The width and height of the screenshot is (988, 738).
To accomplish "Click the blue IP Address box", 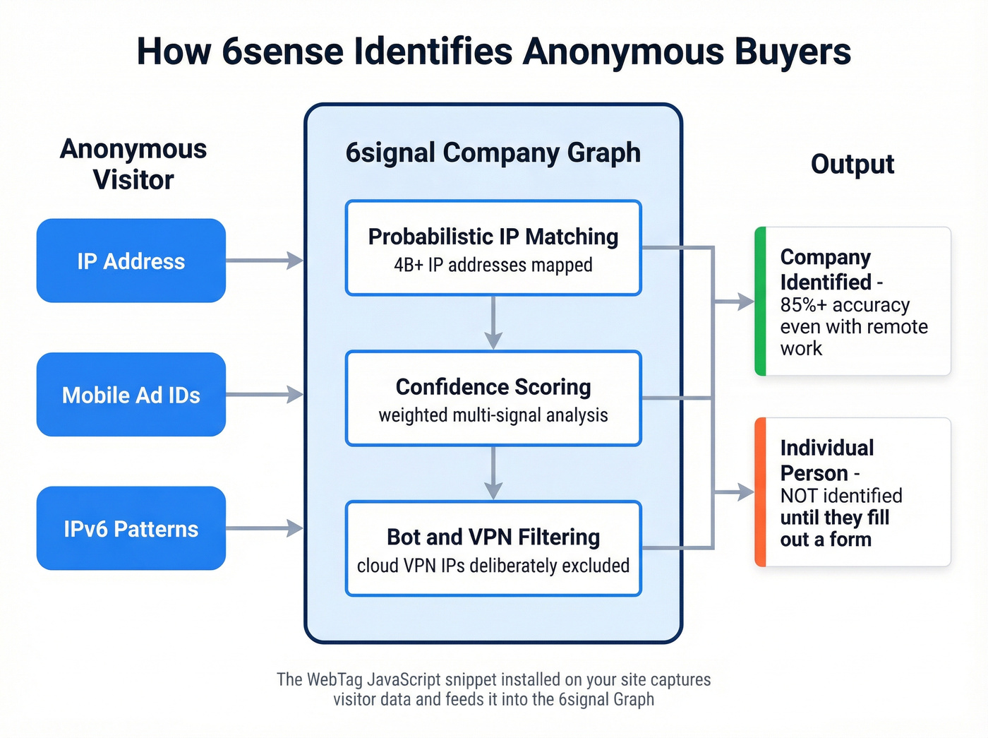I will [131, 261].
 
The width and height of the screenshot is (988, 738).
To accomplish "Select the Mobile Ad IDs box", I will [131, 394].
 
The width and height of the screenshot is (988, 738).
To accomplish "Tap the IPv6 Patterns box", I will [131, 528].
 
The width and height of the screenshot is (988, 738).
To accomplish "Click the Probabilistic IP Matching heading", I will [493, 237].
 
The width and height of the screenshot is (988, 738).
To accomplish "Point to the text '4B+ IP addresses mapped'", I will [493, 266].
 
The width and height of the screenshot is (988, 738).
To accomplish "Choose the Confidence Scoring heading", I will [493, 387].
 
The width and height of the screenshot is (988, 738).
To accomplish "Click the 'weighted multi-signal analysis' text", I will [493, 415].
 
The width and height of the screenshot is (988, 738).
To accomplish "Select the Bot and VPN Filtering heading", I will [493, 537].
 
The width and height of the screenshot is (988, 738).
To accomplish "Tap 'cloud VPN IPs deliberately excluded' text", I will [493, 566].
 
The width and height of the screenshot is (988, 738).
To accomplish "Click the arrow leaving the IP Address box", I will [265, 261].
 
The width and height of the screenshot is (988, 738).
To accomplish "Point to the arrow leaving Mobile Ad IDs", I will [265, 394].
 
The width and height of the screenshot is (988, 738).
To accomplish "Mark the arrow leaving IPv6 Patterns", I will [265, 528].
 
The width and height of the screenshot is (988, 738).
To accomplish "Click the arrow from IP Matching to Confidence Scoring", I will [493, 322].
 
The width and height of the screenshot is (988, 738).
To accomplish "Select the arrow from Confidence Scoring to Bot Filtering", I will [493, 472].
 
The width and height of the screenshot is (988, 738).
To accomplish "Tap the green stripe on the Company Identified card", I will [760, 301].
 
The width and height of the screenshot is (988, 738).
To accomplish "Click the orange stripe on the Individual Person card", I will [760, 492].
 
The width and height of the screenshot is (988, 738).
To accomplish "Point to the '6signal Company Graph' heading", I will [493, 153].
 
